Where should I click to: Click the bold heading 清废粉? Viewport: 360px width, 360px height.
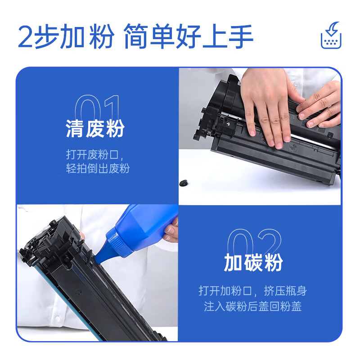[95, 129]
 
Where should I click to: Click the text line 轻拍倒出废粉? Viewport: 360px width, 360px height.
[98, 169]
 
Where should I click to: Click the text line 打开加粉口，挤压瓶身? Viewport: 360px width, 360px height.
[253, 290]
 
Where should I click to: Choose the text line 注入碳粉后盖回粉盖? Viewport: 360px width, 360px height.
[253, 306]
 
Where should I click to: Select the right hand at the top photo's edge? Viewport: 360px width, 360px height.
[322, 106]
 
